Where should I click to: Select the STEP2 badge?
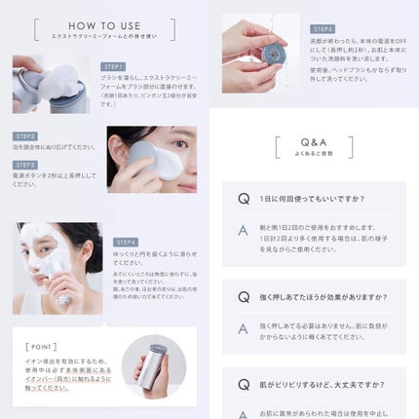click(26, 136)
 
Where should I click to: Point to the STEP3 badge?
click(26, 165)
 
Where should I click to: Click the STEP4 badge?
click(127, 242)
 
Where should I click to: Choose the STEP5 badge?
click(323, 29)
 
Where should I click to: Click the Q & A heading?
click(314, 142)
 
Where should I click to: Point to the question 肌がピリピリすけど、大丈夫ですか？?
click(314, 384)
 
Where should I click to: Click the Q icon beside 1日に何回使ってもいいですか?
click(244, 199)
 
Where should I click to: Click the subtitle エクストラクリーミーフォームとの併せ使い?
click(104, 35)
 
